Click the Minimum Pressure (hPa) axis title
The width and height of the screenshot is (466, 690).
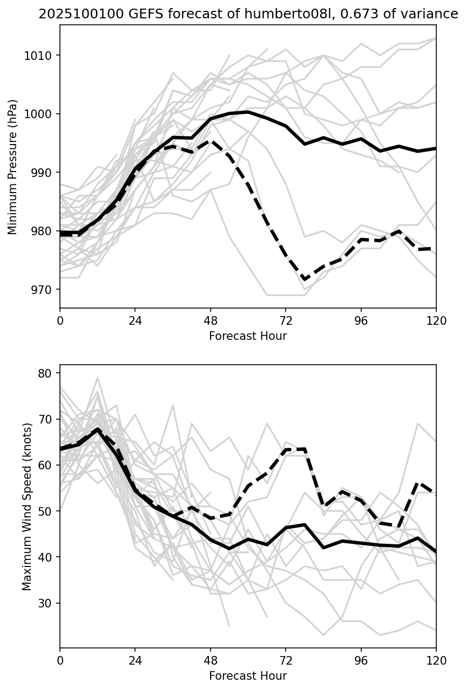[13, 167]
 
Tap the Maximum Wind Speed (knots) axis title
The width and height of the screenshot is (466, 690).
[27, 506]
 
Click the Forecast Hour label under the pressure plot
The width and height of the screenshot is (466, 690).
[248, 336]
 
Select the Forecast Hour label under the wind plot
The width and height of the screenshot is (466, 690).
[248, 676]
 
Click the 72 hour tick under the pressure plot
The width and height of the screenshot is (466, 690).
[286, 320]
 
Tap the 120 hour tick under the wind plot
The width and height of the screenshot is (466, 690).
[436, 660]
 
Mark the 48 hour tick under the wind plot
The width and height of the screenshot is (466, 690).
[211, 660]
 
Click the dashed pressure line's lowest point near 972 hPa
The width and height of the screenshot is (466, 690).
[305, 279]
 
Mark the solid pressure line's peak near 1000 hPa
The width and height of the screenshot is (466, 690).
[248, 112]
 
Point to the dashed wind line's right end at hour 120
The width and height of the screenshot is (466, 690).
[436, 493]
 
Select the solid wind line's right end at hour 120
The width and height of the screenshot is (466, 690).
[436, 551]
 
